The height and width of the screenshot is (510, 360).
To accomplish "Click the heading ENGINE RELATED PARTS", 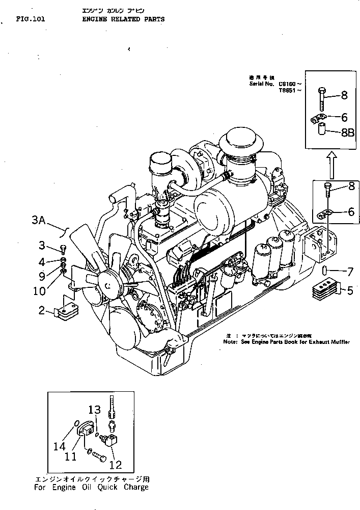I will pos(123,19).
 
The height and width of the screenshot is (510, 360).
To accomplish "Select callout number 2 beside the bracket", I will pos(42,310).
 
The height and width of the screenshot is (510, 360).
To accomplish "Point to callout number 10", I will pos(39,291).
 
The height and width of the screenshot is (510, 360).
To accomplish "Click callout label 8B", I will pos(348,133).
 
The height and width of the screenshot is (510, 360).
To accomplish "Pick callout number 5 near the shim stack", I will pos(350,291).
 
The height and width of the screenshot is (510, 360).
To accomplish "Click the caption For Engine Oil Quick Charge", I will pos(92,487).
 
